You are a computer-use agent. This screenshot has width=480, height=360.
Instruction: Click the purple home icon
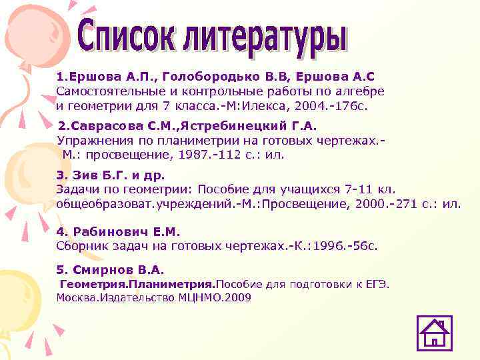435,333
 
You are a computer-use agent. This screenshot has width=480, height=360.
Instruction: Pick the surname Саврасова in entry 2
107,125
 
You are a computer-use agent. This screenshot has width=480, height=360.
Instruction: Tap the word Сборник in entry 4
81,246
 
